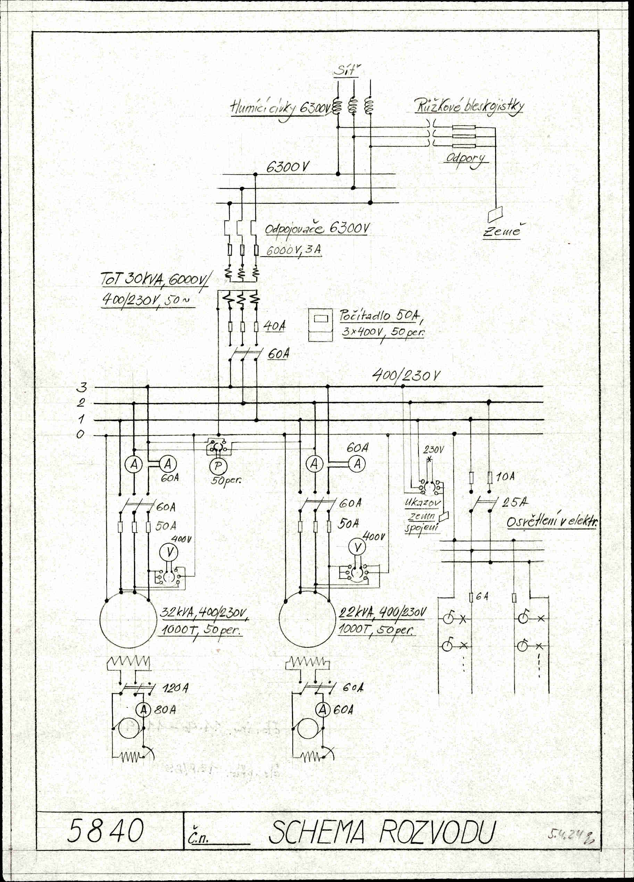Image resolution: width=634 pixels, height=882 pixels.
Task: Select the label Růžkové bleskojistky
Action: tap(469, 106)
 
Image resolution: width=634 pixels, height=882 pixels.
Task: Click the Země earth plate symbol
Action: tap(495, 213)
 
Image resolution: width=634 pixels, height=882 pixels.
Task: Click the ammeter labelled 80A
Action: tap(143, 710)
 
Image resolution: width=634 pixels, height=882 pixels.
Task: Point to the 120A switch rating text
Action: tap(175, 689)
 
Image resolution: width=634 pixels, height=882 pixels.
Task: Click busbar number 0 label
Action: tap(80, 434)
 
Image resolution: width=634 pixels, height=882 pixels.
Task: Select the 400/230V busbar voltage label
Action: tap(406, 375)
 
